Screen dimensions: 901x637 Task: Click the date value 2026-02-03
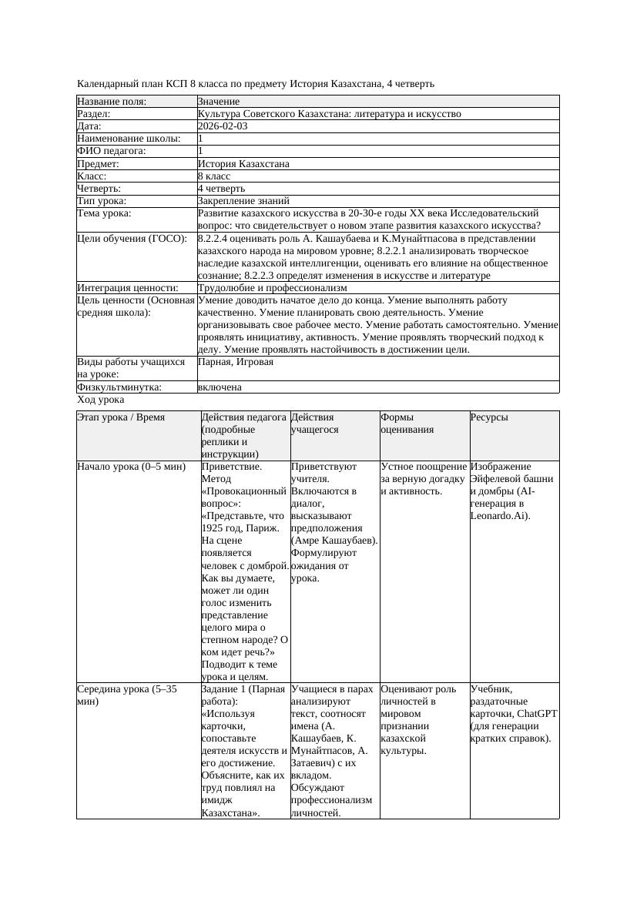[223, 126]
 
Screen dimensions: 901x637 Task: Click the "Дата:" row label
[89, 126]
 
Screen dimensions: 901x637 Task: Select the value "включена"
[220, 387]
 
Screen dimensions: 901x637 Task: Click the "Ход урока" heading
[101, 400]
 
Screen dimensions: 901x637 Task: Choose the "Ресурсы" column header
[489, 417]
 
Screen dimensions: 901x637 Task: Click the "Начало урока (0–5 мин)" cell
[132, 467]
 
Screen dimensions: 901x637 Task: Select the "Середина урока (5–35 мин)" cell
[126, 695]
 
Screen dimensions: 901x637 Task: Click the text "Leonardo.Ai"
[498, 516]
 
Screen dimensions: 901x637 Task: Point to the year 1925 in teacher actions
[212, 528]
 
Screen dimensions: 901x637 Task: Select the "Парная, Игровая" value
[236, 362]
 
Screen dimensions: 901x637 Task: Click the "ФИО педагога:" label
[112, 151]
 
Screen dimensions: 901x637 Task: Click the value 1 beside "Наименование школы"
[201, 139]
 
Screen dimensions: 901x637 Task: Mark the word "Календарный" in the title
[105, 83]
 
